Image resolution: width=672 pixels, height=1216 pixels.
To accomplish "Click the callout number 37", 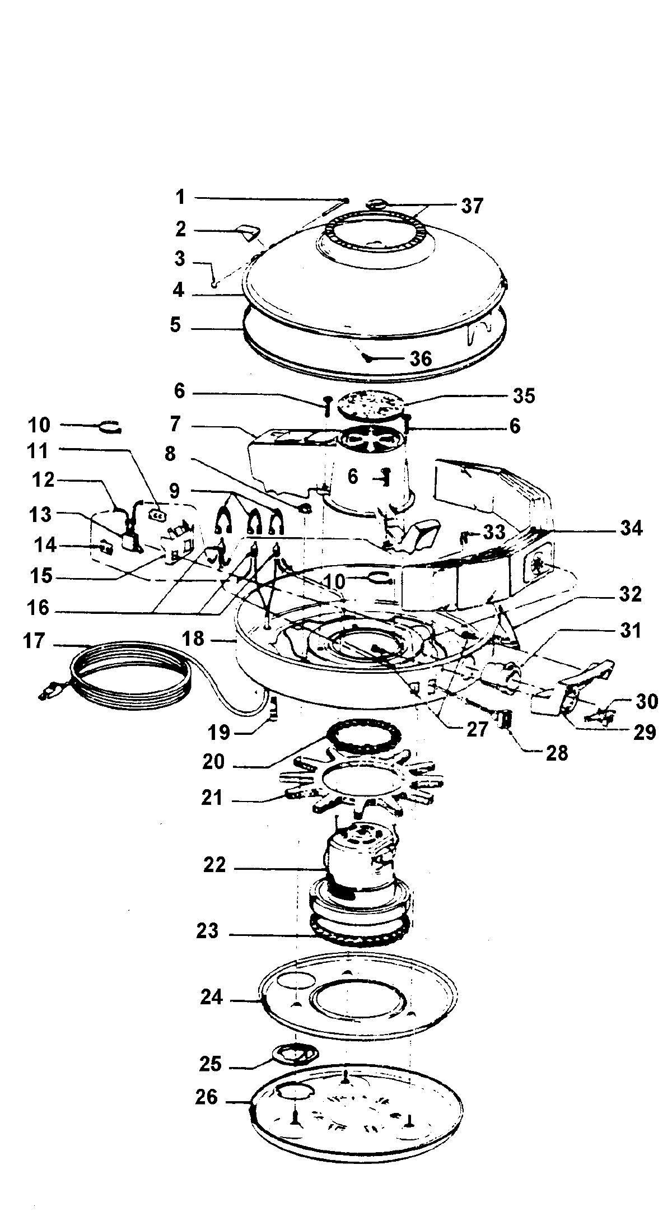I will pyautogui.click(x=472, y=206).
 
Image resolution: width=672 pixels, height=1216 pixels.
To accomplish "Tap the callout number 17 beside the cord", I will pyautogui.click(x=34, y=640).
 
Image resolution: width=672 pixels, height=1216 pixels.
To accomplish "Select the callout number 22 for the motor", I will pyautogui.click(x=215, y=865).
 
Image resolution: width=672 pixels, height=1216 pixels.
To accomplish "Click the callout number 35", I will pyautogui.click(x=524, y=395).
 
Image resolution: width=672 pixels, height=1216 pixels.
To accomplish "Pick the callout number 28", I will pyautogui.click(x=557, y=753).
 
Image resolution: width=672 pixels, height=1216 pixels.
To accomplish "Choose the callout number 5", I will pyautogui.click(x=176, y=325).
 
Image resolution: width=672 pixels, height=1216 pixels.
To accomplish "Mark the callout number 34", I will pyautogui.click(x=631, y=528).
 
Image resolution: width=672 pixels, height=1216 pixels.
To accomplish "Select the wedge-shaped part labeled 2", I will pyautogui.click(x=246, y=231).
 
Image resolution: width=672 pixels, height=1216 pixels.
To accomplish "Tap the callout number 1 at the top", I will pyautogui.click(x=180, y=197).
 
